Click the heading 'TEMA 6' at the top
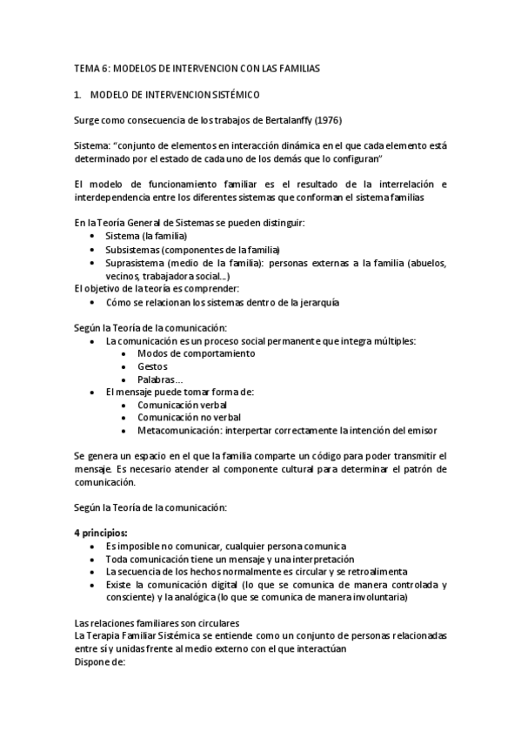[90, 67]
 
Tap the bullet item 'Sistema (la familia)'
[146, 236]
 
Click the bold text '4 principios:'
[101, 533]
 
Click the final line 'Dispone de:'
[101, 661]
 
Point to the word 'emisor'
[421, 430]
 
